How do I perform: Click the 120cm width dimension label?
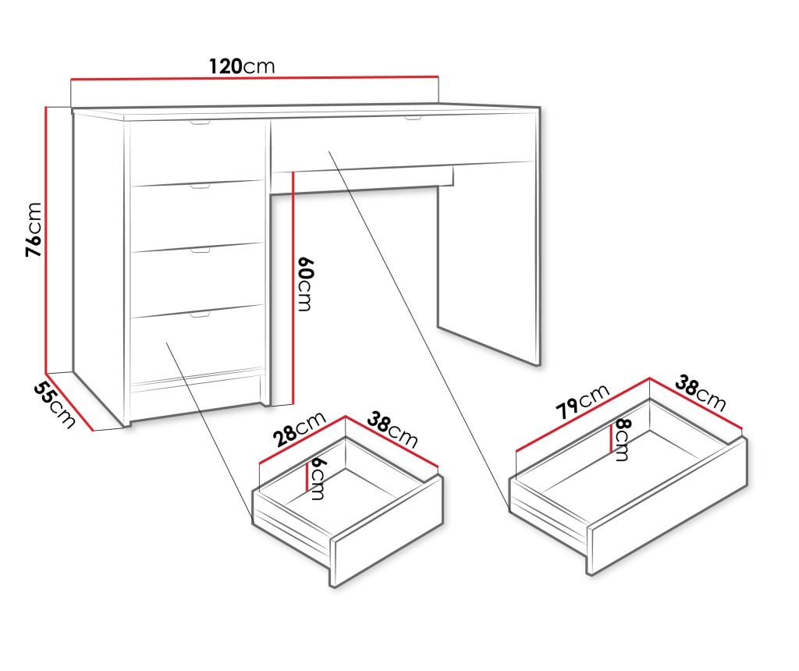[x=242, y=66]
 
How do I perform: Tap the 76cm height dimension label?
[x=34, y=229]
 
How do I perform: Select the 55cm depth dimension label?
[x=55, y=405]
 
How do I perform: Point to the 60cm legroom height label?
[x=305, y=284]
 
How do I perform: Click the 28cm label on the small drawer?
[x=299, y=428]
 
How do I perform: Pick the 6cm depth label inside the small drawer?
[x=317, y=478]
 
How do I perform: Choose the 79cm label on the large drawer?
[x=582, y=401]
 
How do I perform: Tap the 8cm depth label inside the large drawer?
[x=622, y=439]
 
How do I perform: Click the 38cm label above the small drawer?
[x=392, y=431]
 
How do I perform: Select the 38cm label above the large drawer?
[x=700, y=392]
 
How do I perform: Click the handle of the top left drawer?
[x=201, y=122]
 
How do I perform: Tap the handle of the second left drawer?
[x=201, y=186]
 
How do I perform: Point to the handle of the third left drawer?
[x=201, y=250]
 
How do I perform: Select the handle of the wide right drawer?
[x=413, y=119]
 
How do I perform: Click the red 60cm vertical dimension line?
[x=293, y=289]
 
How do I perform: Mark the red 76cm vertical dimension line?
[x=46, y=240]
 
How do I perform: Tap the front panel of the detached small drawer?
[x=387, y=531]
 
